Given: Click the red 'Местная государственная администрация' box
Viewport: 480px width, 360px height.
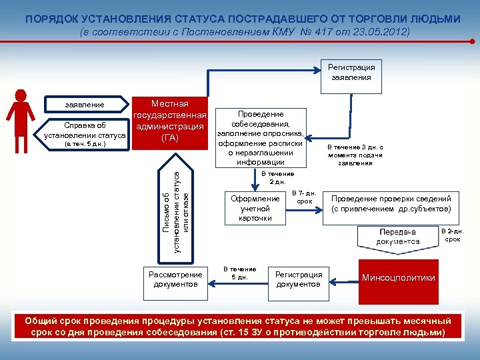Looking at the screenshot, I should pyautogui.click(x=169, y=121).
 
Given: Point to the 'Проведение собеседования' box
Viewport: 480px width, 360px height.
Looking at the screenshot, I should pyautogui.click(x=260, y=137).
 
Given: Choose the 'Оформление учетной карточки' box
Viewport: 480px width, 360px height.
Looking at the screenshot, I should pyautogui.click(x=255, y=208).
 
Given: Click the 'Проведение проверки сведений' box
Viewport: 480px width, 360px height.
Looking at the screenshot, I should pyautogui.click(x=391, y=203).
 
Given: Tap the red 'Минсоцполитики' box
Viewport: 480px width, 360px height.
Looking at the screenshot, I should pyautogui.click(x=398, y=277).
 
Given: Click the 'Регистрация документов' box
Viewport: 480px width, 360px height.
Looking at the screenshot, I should pyautogui.click(x=299, y=279).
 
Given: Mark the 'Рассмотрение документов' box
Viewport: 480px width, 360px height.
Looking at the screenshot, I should pyautogui.click(x=175, y=279).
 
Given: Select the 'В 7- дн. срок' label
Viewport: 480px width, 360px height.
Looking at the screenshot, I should pyautogui.click(x=303, y=197).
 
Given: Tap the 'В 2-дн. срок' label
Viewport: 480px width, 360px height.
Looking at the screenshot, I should pyautogui.click(x=453, y=235).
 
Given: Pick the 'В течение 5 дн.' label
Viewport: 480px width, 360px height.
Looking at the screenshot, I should pyautogui.click(x=239, y=273).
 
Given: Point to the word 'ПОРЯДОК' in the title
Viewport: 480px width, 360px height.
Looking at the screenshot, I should pyautogui.click(x=50, y=18).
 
